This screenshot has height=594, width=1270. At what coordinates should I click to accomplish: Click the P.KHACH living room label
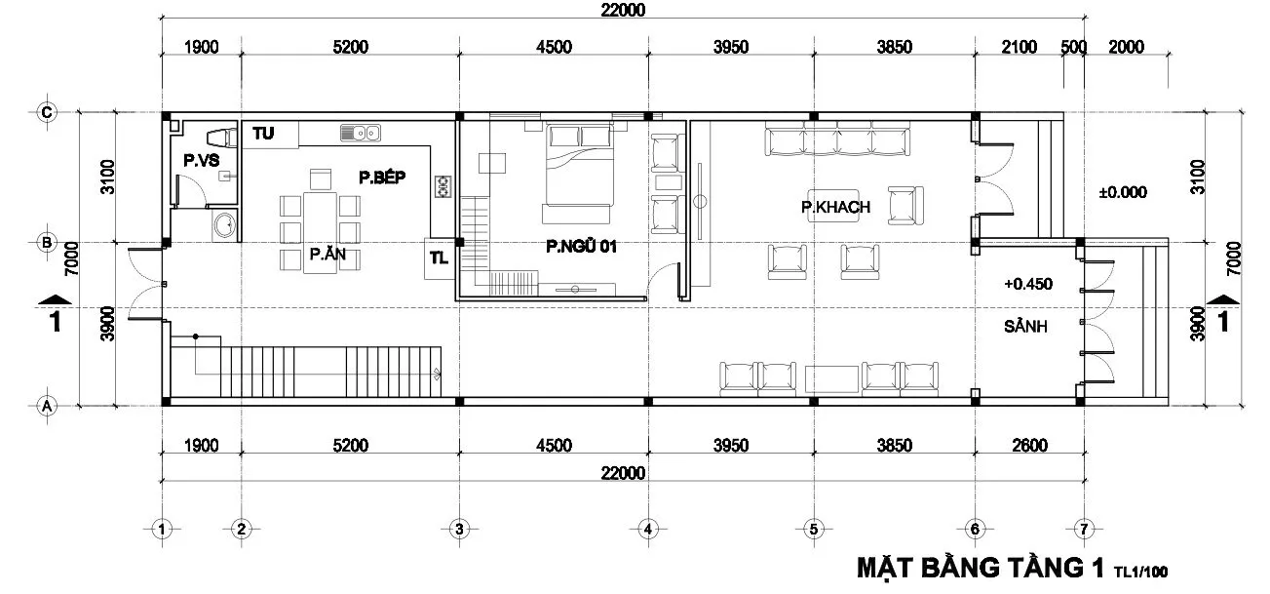(835, 207)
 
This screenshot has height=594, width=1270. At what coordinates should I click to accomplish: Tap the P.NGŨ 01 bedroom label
(581, 246)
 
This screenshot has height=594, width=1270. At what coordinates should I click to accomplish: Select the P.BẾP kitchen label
(382, 178)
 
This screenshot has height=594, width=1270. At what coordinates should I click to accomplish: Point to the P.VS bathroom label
(202, 161)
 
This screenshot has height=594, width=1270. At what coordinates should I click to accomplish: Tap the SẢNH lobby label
(1025, 326)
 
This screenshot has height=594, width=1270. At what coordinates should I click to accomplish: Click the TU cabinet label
(263, 134)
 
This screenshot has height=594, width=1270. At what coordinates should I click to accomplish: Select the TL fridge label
(439, 258)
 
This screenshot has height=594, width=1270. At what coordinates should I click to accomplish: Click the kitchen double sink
(360, 133)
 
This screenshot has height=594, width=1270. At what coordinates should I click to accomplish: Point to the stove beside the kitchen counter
(443, 186)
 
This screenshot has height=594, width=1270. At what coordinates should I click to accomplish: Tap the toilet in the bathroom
(221, 138)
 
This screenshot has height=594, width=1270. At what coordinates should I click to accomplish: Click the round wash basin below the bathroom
(225, 225)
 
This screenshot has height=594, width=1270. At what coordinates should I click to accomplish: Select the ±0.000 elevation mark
(1123, 192)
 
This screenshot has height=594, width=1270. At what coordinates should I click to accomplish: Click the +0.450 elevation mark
(1028, 284)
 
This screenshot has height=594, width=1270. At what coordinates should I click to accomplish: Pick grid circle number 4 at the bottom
(648, 530)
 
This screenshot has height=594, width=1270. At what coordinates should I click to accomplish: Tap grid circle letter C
(47, 112)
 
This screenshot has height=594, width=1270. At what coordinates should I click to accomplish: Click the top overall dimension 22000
(623, 10)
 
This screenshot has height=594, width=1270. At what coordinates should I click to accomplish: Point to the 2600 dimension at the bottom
(1029, 446)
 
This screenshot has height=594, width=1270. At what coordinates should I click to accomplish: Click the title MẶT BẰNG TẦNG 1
(981, 568)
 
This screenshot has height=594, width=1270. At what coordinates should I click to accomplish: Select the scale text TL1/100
(1140, 572)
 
